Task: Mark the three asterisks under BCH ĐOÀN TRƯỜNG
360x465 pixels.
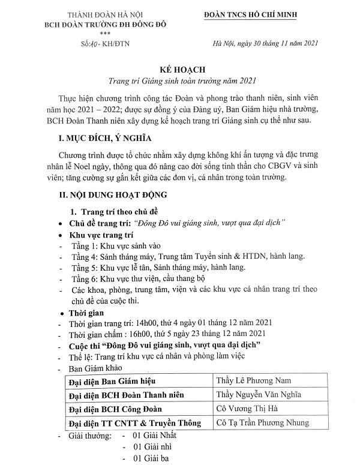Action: pos(95,34)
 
